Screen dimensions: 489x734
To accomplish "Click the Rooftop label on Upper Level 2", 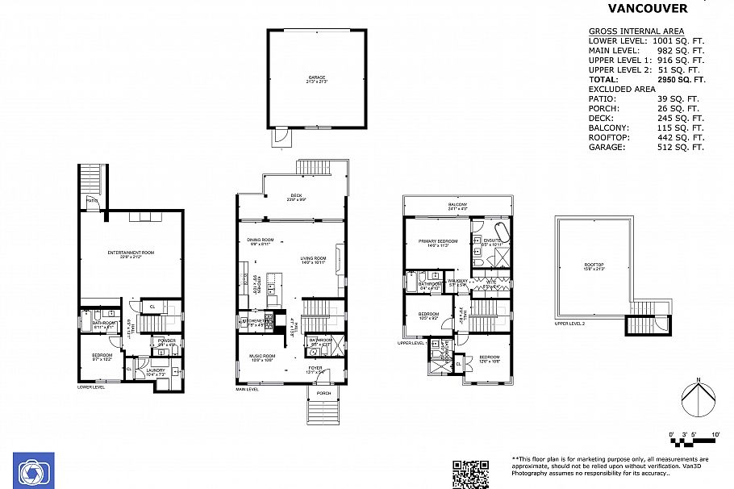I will [x=594, y=266].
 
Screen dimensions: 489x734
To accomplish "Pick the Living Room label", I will [x=314, y=259].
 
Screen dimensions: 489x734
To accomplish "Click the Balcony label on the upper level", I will [x=458, y=206].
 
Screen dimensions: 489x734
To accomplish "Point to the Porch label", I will [x=323, y=393].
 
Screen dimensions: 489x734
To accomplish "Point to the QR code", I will [x=470, y=474].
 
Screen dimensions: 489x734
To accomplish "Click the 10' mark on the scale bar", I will [x=715, y=436].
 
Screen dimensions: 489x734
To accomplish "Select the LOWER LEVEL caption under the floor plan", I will [x=91, y=387].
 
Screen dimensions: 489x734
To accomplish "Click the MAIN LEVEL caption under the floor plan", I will [x=247, y=389].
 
